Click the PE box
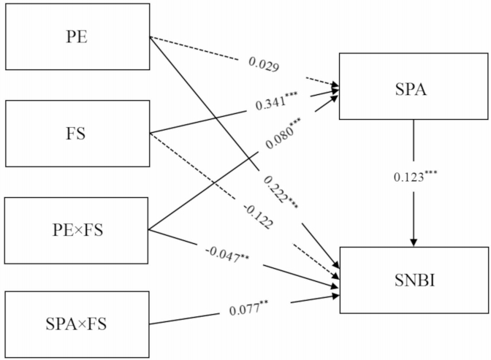tap(77, 37)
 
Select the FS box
tap(77, 134)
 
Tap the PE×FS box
tap(77, 231)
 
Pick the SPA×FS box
tap(77, 321)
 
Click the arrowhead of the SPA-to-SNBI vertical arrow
tap(414, 242)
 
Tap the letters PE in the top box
tap(77, 37)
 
